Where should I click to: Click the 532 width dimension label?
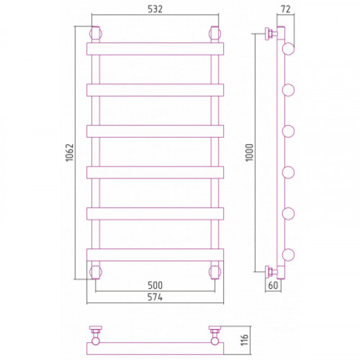click(x=155, y=9)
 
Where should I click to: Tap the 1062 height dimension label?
click(x=69, y=153)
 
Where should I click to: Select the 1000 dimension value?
click(x=250, y=153)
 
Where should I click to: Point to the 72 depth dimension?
click(x=286, y=9)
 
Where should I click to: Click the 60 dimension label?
click(x=273, y=285)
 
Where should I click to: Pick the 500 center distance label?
click(x=155, y=285)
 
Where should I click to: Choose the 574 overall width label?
click(x=155, y=297)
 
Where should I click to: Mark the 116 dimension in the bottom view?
click(x=244, y=340)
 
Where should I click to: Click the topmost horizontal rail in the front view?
click(x=155, y=49)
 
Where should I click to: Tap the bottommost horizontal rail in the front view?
click(x=155, y=255)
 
